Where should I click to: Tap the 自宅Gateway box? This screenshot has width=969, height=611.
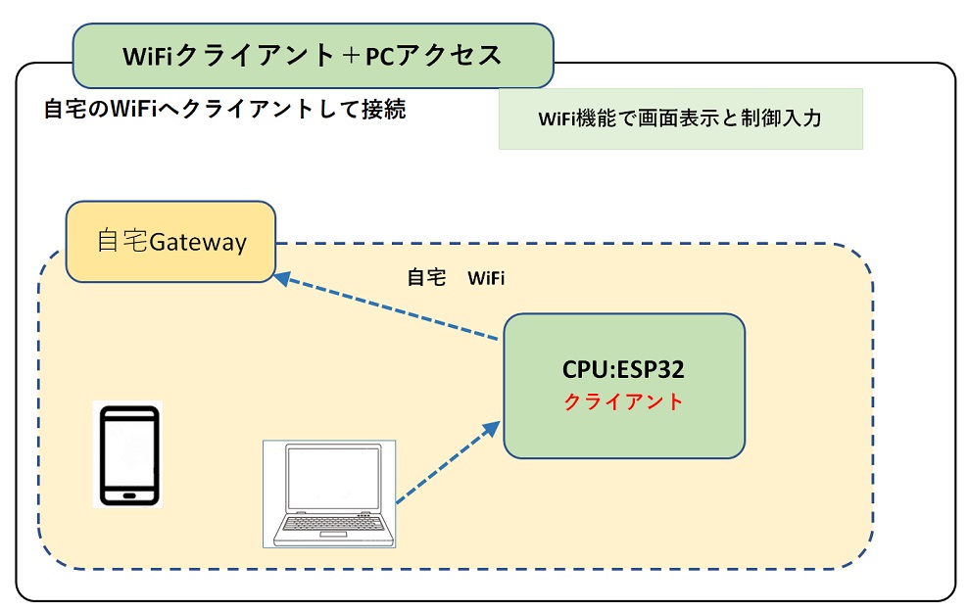point(170,241)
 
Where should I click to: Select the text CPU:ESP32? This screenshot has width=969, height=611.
point(623,370)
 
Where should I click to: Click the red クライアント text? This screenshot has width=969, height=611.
point(623,401)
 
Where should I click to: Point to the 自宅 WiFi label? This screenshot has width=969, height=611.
point(456,278)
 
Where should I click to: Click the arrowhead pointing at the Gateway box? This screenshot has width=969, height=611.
point(282,278)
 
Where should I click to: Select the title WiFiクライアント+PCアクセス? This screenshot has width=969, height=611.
point(313,56)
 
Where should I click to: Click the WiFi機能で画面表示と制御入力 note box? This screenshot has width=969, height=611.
point(680,118)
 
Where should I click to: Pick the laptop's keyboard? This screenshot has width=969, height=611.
point(330,528)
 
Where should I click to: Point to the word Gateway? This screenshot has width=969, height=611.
point(197,241)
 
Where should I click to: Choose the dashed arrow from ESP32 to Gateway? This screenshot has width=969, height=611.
point(392,307)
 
